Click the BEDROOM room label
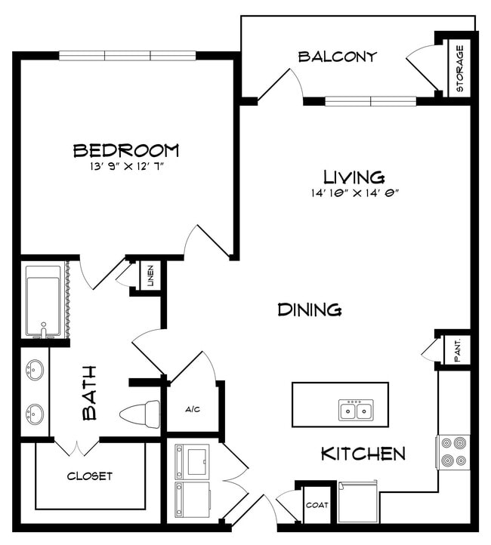126,150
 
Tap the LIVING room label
354,177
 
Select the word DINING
310,309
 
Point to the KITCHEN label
363,454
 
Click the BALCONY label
337,57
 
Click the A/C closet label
193,410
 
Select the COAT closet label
316,504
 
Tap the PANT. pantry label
458,350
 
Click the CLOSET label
90,476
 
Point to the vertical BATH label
90,393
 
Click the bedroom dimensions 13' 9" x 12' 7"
126,165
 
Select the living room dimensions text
355,192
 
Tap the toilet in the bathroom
141,414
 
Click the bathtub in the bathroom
43,300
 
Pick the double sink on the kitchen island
354,410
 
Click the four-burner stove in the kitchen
454,451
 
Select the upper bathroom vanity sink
35,371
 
